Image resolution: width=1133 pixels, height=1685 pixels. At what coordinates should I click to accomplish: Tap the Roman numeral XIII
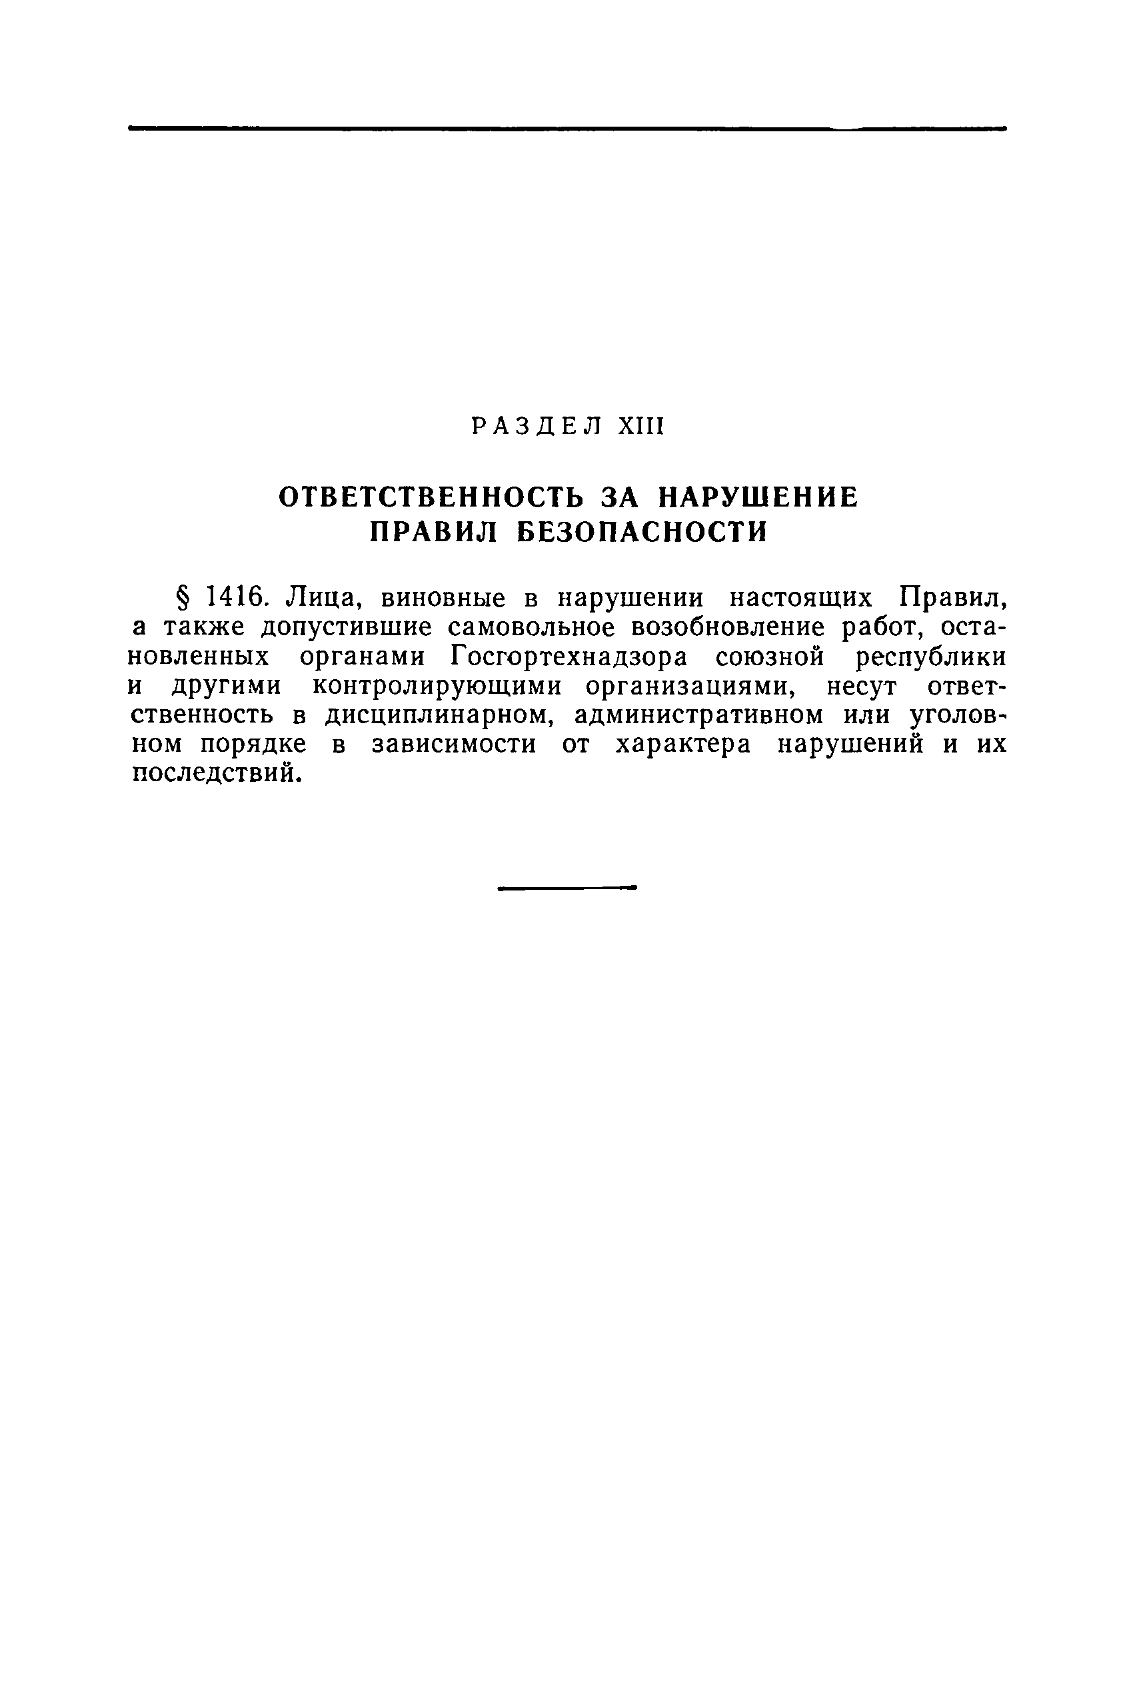point(640,427)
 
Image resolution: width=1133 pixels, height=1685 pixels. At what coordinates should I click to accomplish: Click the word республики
point(930,657)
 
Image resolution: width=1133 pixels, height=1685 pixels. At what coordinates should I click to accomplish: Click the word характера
point(684,745)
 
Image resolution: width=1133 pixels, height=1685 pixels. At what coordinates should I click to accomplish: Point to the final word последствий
point(216,774)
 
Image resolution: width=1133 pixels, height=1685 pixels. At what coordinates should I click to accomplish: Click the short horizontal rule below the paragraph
point(566,886)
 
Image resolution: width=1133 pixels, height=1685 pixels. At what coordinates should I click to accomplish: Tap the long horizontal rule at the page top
point(566,129)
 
